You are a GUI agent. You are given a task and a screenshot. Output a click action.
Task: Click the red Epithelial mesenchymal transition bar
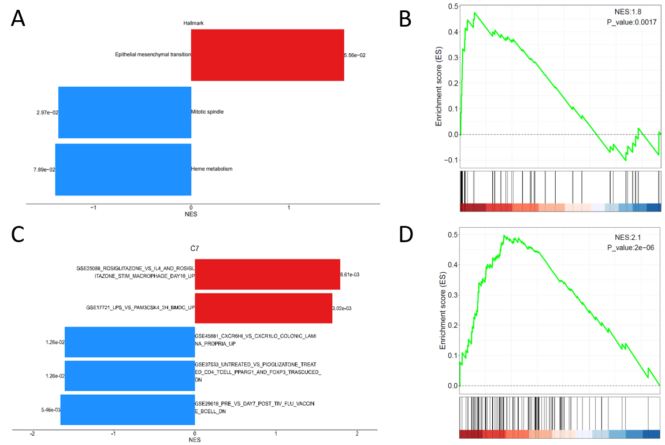point(268,55)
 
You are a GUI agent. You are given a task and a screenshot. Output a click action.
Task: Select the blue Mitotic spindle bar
point(125,112)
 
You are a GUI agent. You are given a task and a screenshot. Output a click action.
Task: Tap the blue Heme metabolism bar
point(123,169)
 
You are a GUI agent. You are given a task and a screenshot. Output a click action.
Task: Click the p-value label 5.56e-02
point(355,55)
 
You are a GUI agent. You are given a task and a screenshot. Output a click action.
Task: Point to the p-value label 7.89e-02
point(44,169)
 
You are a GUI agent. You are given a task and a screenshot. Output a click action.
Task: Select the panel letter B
point(406,18)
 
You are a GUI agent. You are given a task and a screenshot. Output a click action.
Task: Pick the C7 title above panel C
point(195,249)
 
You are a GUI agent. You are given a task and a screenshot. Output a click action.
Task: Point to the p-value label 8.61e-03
point(351,275)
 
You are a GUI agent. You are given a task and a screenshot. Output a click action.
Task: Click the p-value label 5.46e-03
point(50,410)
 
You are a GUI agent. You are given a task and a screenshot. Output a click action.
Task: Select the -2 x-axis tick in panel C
point(32,433)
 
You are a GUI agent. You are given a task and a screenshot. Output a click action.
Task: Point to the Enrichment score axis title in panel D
point(443,311)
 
